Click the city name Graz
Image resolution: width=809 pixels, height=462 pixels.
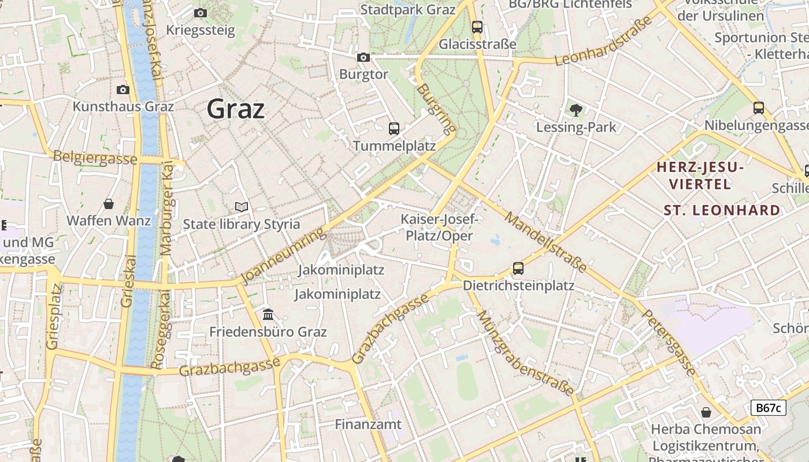(236, 109)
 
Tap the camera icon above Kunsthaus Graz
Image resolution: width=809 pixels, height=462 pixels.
(123, 90)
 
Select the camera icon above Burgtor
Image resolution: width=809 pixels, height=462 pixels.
(363, 57)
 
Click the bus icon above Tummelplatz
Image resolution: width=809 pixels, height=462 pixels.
(394, 128)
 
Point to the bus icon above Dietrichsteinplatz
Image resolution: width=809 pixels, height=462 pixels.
(518, 268)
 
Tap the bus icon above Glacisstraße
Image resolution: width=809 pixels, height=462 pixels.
(477, 27)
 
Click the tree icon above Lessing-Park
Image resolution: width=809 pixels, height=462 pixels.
(576, 110)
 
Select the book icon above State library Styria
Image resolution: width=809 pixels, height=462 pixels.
(242, 207)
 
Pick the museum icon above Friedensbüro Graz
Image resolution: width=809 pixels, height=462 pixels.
(268, 315)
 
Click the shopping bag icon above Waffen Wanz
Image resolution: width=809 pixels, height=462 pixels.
(109, 204)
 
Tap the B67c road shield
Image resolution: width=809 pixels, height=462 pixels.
(769, 408)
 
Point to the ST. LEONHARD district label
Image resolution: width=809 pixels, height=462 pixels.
(722, 210)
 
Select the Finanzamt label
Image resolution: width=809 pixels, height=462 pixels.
(368, 424)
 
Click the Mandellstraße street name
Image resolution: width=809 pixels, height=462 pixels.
(546, 242)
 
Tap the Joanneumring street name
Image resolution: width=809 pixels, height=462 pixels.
(284, 258)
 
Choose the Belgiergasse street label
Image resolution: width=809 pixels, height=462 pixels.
(95, 158)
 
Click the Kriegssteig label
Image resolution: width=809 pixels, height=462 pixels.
(201, 30)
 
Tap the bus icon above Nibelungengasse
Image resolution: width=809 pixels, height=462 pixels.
(759, 108)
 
